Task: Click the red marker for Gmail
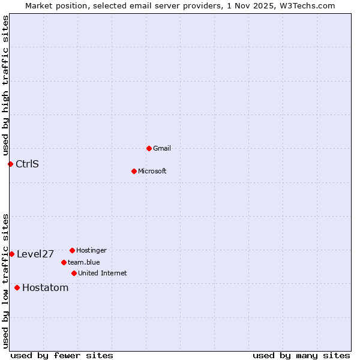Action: [149, 148]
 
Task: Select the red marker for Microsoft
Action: [134, 171]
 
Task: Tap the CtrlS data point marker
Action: [10, 164]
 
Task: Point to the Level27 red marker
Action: [11, 254]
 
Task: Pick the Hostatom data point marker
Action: [17, 287]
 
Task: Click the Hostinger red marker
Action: [72, 250]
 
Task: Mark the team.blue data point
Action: [64, 262]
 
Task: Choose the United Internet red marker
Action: [74, 273]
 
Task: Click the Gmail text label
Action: [162, 148]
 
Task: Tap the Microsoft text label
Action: [152, 171]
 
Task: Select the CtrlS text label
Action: [27, 164]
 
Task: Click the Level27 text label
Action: [35, 254]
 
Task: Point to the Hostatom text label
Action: [46, 287]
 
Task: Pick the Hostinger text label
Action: [91, 250]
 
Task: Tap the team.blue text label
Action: [84, 262]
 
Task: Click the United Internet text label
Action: [103, 273]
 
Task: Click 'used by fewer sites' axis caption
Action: [62, 355]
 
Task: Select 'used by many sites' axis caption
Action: [301, 355]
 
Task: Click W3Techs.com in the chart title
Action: [305, 5]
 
